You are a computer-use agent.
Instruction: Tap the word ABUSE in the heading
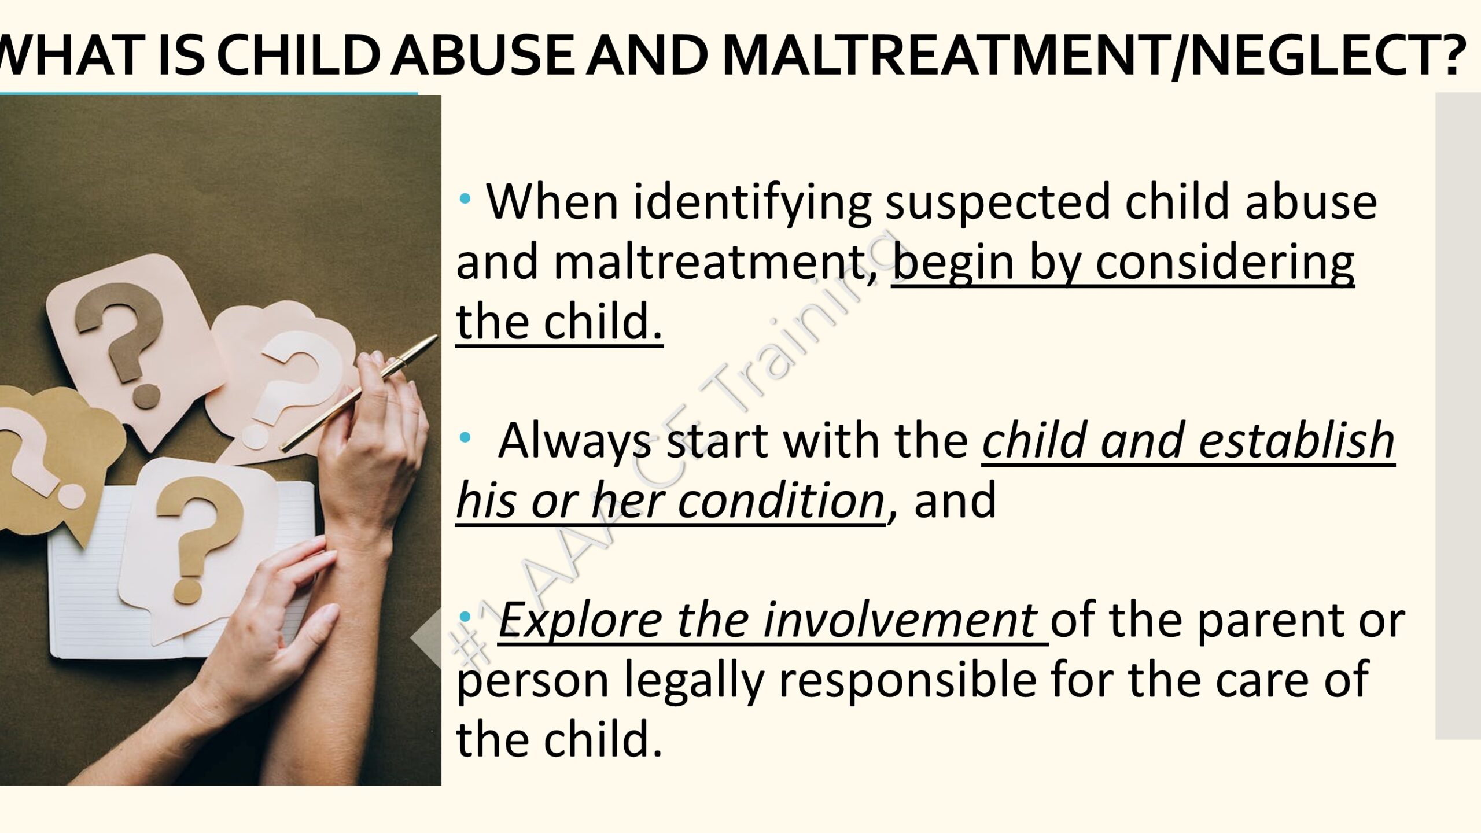point(482,55)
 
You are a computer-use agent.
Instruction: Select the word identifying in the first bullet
point(752,204)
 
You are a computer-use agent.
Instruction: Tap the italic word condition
point(780,501)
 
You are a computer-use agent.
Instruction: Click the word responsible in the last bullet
point(908,679)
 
